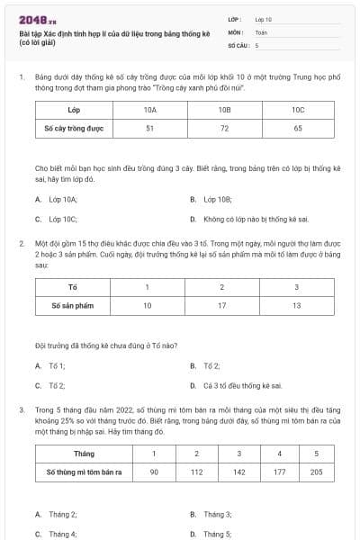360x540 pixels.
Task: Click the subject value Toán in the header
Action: click(261, 31)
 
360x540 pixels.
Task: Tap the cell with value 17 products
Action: click(221, 306)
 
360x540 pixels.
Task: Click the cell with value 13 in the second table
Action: click(296, 306)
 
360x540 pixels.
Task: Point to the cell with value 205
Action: click(316, 472)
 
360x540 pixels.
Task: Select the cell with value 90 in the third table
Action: click(154, 472)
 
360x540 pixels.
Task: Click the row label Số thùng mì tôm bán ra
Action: click(84, 472)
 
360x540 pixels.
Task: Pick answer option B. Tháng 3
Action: click(217, 514)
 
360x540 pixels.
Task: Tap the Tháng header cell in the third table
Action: click(84, 453)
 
